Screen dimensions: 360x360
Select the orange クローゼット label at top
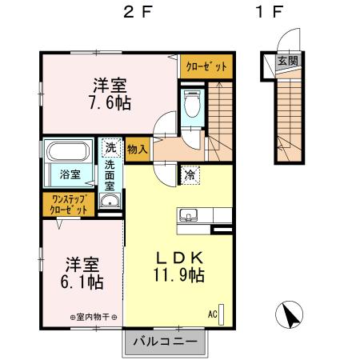tap(207, 67)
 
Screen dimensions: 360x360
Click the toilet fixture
tap(191, 104)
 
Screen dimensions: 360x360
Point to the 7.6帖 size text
tap(111, 102)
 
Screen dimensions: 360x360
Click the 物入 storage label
tap(138, 147)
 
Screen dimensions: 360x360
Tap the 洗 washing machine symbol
tap(110, 147)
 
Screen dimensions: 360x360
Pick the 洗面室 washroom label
tap(110, 175)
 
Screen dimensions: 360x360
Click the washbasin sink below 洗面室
tap(110, 202)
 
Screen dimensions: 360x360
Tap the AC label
tap(213, 314)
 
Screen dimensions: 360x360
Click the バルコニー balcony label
tap(170, 342)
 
